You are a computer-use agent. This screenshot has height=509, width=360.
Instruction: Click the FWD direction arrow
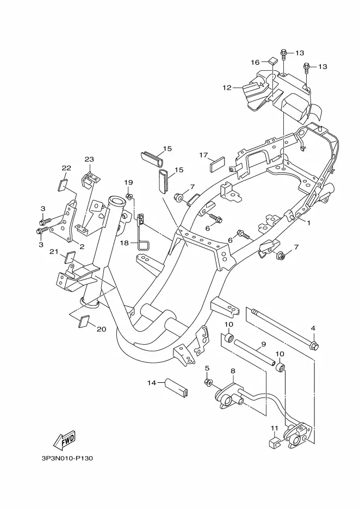point(64,440)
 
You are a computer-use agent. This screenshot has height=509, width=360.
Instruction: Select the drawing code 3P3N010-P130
point(67,458)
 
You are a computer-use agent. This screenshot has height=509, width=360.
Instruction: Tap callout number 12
point(227,88)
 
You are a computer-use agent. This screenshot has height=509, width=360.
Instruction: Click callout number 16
point(255,63)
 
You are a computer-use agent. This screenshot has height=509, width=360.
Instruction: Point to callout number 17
point(203,155)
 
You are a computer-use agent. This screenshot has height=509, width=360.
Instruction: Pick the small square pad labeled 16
point(272,60)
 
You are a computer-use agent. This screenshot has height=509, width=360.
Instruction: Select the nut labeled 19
point(129,196)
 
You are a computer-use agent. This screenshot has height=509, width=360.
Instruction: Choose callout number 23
point(89,159)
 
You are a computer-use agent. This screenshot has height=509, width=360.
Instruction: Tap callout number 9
point(263,344)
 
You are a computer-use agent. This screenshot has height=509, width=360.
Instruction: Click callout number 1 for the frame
point(309,223)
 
